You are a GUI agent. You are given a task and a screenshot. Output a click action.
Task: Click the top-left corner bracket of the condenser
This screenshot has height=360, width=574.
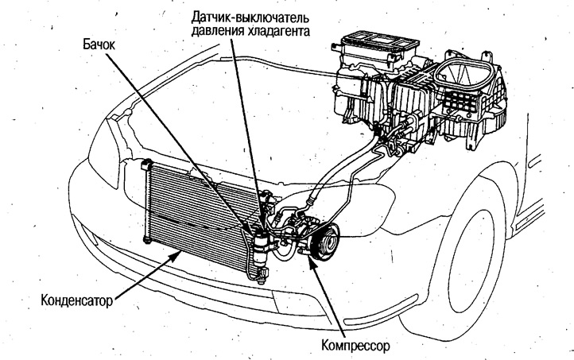point(145,166)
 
